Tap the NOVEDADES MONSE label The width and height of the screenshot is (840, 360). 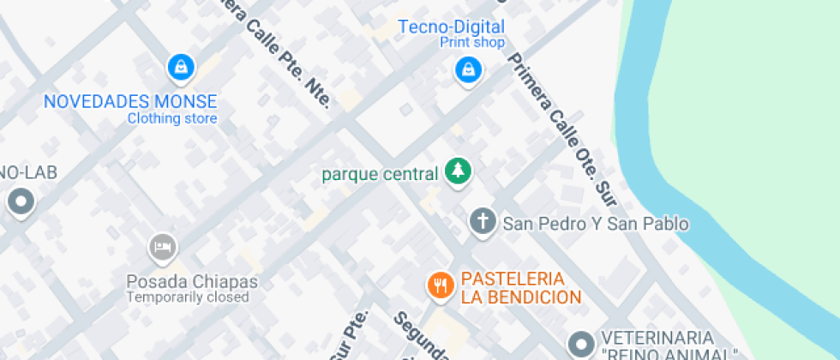click(x=130, y=101)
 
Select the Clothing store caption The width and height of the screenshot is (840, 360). click(x=172, y=118)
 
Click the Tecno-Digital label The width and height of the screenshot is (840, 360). click(x=451, y=27)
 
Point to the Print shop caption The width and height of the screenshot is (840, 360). click(x=472, y=42)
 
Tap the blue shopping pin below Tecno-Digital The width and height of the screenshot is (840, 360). click(x=467, y=69)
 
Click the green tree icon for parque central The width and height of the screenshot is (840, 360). click(x=458, y=171)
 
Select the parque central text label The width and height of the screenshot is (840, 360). click(x=380, y=174)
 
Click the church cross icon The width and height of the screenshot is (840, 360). click(x=483, y=223)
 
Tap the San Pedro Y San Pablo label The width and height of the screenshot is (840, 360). click(x=596, y=224)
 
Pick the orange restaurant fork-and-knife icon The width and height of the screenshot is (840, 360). click(x=441, y=285)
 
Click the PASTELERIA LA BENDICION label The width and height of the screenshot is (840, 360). click(x=521, y=288)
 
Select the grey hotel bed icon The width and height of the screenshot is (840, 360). click(x=161, y=249)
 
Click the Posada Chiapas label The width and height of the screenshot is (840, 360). click(x=192, y=281)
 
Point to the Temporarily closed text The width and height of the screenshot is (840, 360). click(x=188, y=297)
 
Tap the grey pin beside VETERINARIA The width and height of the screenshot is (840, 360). click(x=583, y=345)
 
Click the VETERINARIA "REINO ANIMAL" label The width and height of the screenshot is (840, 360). click(x=669, y=345)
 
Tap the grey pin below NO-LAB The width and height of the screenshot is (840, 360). click(x=20, y=203)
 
